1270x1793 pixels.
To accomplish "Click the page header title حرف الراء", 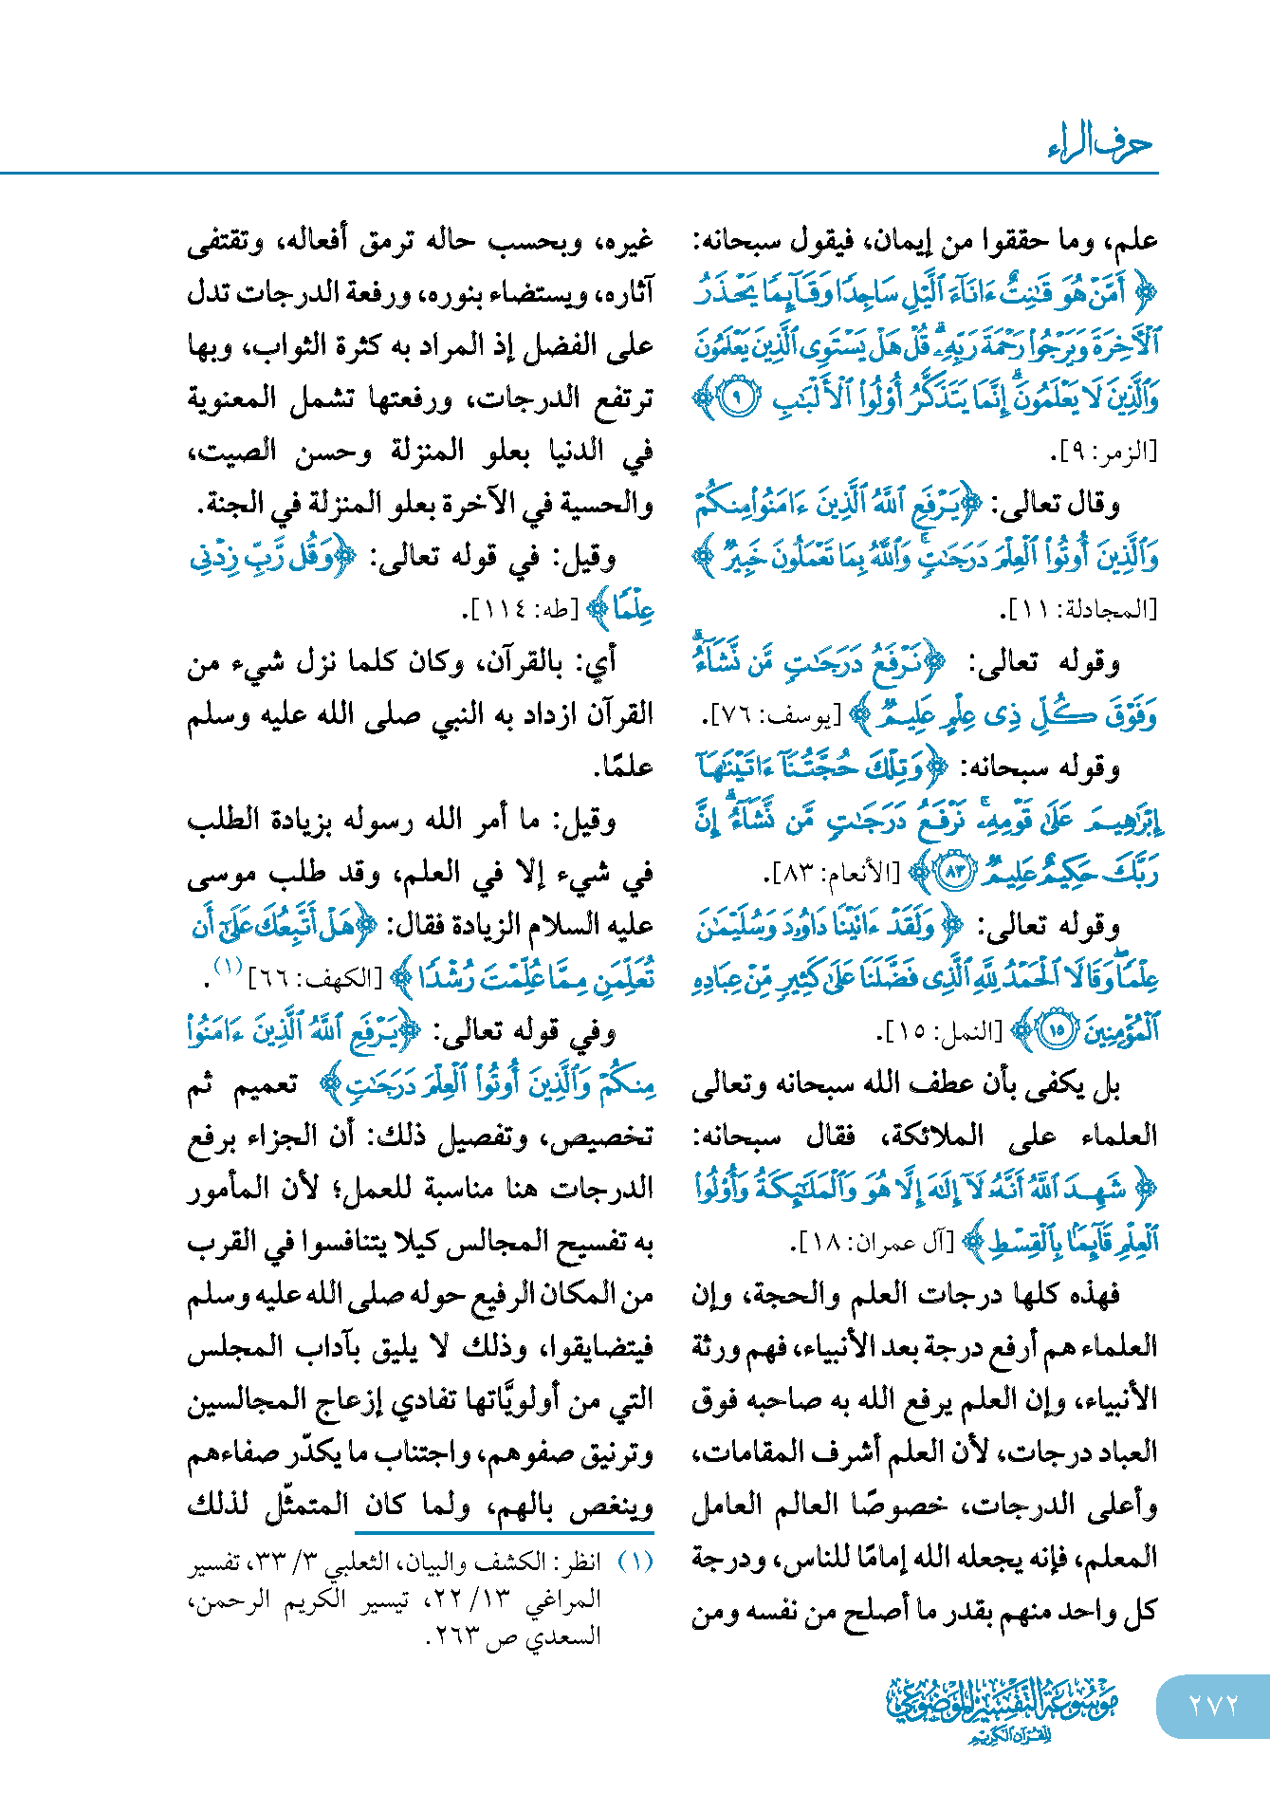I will point(1100,143).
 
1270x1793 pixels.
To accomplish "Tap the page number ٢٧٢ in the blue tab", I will point(1213,1706).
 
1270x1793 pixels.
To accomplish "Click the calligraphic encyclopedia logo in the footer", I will point(1003,1709).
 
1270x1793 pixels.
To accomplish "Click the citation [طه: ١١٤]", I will point(517,610).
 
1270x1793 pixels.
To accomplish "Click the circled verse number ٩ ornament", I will point(737,397).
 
